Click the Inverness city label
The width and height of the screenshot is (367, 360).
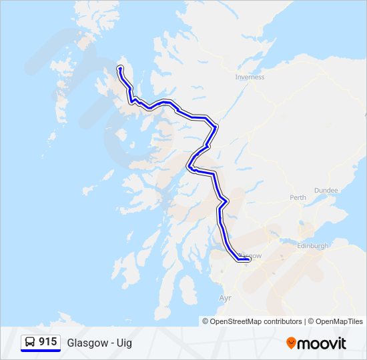[250, 77]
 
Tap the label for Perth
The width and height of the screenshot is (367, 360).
[298, 197]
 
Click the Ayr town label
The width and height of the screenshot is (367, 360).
[225, 298]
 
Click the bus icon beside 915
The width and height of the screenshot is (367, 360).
[30, 342]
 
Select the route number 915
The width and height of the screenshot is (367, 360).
[47, 342]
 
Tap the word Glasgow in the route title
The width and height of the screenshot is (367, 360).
[86, 343]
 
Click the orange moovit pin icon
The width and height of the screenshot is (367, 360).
[291, 343]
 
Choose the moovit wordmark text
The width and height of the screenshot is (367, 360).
[322, 343]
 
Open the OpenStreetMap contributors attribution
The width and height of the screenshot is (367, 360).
[256, 321]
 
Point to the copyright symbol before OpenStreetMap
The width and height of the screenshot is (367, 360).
[206, 321]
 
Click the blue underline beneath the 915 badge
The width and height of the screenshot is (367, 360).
[41, 351]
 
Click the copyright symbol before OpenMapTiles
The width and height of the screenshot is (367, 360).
[311, 321]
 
